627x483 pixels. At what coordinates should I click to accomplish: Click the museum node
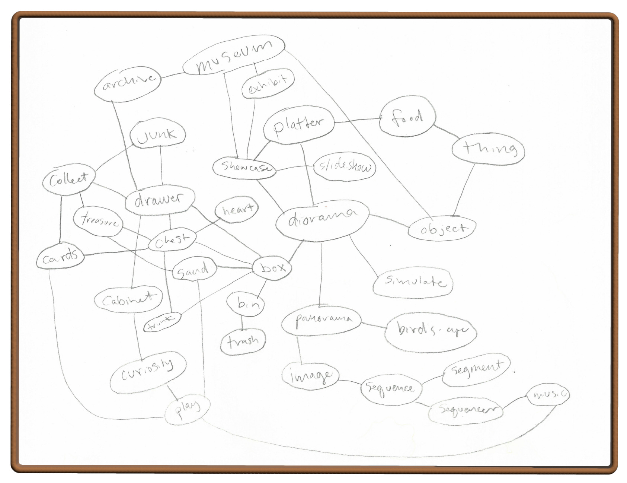pos(234,56)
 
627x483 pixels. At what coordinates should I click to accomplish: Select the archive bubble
pos(128,83)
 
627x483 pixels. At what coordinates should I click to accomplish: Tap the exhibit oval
pos(268,83)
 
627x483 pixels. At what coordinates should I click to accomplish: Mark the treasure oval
pos(98,221)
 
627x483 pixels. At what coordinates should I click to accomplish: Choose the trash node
pos(243,341)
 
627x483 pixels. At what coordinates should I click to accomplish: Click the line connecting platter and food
pos(357,120)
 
